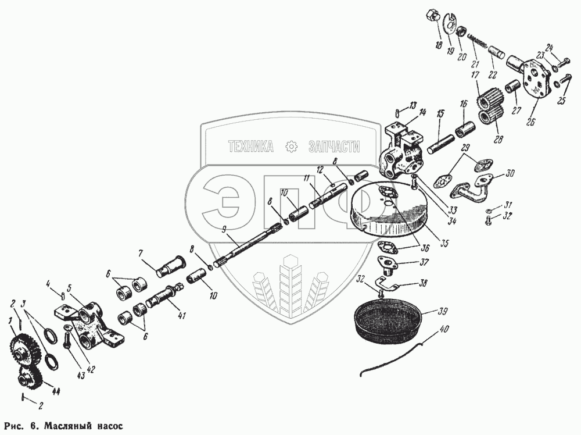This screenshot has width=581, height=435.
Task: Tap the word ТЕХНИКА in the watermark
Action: click(251, 148)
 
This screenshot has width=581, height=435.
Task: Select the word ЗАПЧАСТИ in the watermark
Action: click(334, 148)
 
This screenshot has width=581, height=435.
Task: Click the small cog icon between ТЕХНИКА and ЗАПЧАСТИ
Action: click(292, 147)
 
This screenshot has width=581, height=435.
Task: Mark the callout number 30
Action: click(510, 173)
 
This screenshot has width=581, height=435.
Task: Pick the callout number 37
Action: click(424, 262)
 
